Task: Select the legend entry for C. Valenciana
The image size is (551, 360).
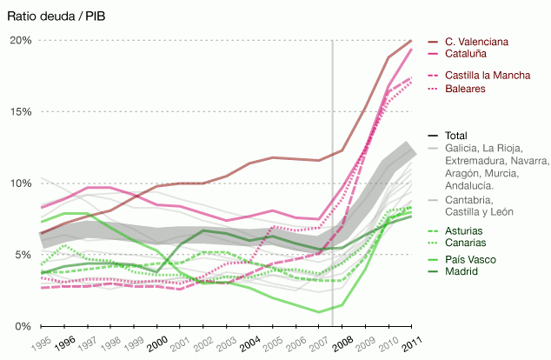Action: coord(476,42)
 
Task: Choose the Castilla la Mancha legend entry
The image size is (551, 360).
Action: coord(487,76)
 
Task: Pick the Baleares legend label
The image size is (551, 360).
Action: coord(465,90)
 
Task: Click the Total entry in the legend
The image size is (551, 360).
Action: coord(456,136)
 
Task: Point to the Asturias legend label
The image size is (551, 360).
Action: coord(465,230)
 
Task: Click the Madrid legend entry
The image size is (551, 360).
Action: coord(462,272)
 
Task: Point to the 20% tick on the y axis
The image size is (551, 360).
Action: coord(21,41)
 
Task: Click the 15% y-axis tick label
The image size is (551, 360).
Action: coord(21,112)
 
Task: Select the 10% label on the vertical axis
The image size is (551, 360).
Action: coord(21,183)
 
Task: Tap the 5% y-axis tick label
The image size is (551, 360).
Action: coord(23,255)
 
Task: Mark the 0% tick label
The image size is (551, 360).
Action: coord(23,326)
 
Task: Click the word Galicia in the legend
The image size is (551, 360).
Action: coord(461,149)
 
